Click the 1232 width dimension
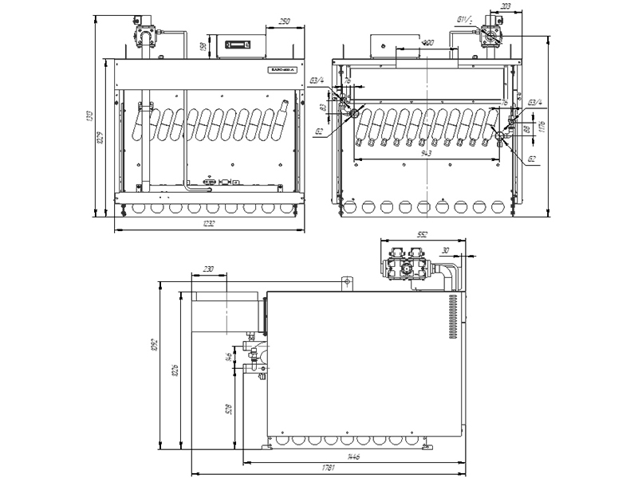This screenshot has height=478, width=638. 209,225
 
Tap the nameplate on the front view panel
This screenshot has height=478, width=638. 282,69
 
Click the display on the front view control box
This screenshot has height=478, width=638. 240,45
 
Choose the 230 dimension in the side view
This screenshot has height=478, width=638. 209,269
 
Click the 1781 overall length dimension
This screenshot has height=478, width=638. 327,468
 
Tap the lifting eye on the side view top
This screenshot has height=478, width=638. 347,281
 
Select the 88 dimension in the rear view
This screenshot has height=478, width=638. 527,127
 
